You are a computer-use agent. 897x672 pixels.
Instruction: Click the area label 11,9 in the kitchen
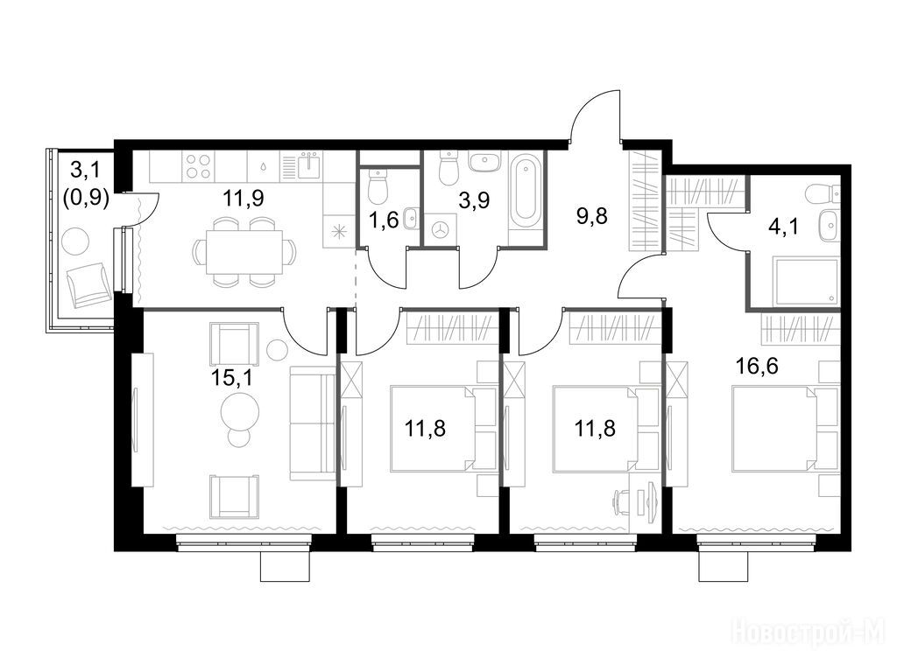[x=244, y=199]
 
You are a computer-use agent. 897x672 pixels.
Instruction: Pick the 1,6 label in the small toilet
[x=384, y=220]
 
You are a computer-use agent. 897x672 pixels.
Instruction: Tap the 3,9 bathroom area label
[x=475, y=200]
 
